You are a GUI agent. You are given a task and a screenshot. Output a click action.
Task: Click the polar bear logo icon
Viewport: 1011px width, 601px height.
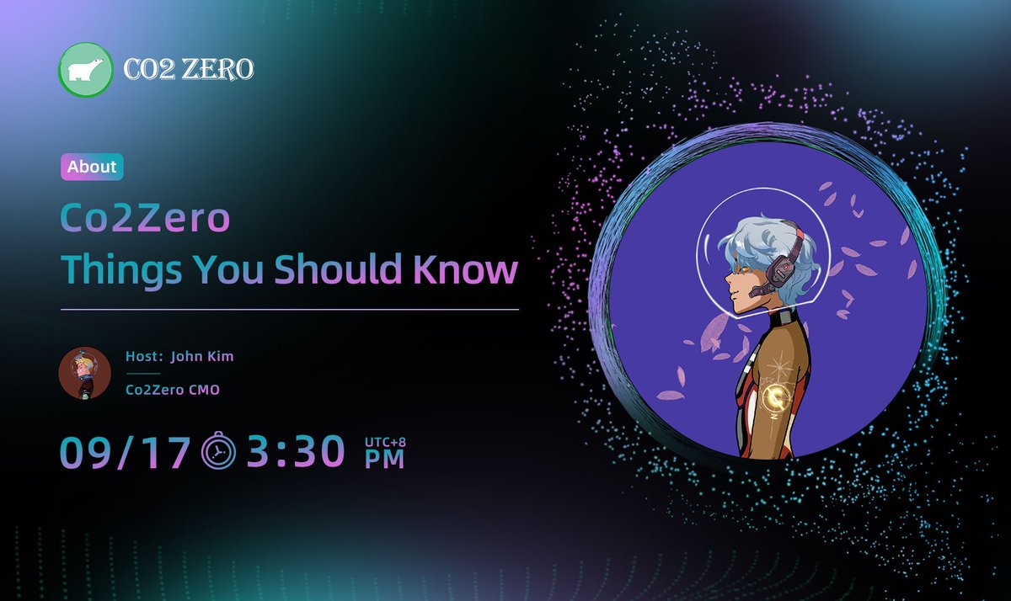pos(86,70)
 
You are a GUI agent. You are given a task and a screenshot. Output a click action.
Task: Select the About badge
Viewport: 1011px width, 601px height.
pos(92,167)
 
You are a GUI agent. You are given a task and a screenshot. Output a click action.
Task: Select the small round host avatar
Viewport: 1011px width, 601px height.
pos(84,373)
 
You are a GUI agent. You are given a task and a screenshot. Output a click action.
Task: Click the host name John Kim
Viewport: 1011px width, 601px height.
pos(202,356)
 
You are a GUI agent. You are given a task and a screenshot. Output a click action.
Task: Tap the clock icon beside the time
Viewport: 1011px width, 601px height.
pos(219,452)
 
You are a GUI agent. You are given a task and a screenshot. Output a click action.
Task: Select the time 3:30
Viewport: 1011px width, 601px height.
pos(296,452)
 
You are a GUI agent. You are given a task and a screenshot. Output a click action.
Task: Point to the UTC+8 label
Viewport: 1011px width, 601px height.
pos(384,441)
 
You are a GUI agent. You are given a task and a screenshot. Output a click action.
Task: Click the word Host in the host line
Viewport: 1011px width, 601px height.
pos(142,356)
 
